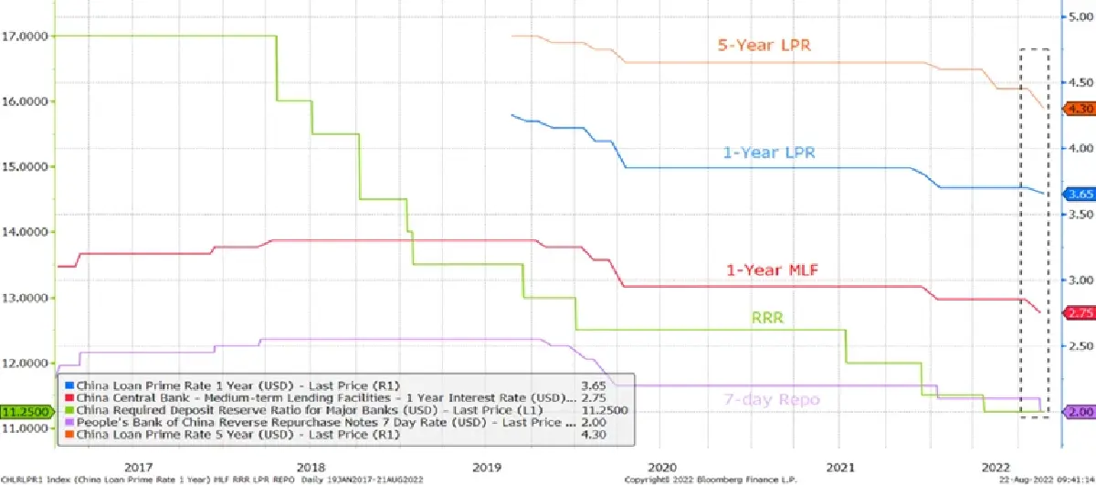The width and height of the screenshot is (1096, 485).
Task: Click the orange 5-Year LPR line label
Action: [766, 45]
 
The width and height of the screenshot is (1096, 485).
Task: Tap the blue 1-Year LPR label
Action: [769, 153]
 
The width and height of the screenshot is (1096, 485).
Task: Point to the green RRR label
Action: [770, 318]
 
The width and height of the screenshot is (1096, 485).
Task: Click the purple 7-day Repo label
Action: [772, 400]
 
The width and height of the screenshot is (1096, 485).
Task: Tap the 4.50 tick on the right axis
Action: [1080, 82]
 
